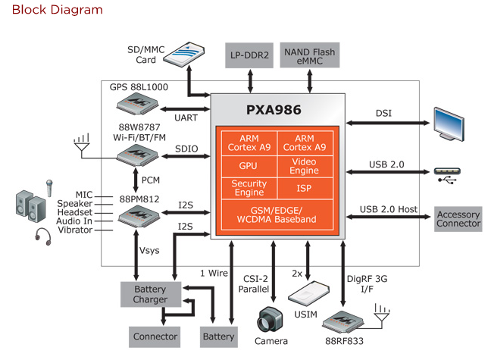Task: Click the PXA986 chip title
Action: pyautogui.click(x=274, y=110)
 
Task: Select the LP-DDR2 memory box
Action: pyautogui.click(x=250, y=55)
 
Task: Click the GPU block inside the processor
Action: pyautogui.click(x=248, y=164)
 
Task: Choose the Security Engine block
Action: pyautogui.click(x=248, y=187)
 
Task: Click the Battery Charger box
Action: pyautogui.click(x=150, y=295)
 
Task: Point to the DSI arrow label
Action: pyautogui.click(x=383, y=114)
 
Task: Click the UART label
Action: pyautogui.click(x=186, y=119)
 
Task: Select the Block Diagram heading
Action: pyautogui.click(x=57, y=11)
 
